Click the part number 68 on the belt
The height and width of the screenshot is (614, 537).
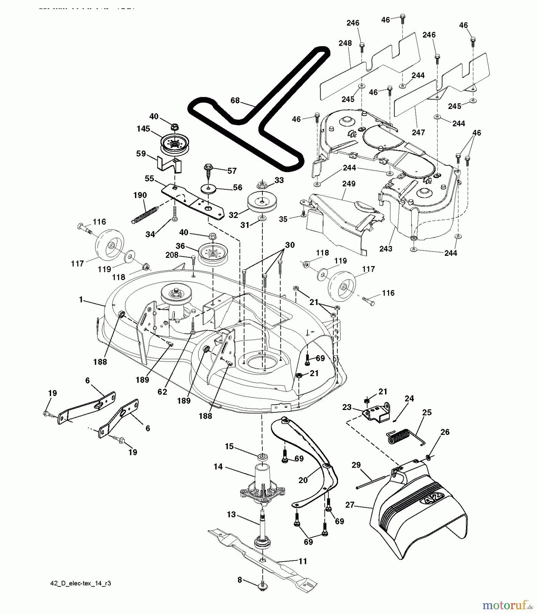[235, 101]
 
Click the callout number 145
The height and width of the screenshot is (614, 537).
[143, 129]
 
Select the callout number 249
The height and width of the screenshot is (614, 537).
[349, 184]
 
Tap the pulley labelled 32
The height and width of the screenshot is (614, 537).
[262, 203]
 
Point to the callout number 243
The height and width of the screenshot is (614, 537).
[386, 249]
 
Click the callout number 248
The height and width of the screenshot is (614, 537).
[345, 43]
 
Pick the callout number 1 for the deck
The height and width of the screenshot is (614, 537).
[81, 299]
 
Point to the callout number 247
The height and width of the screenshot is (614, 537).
[418, 132]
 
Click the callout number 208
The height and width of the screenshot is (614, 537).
[172, 255]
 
